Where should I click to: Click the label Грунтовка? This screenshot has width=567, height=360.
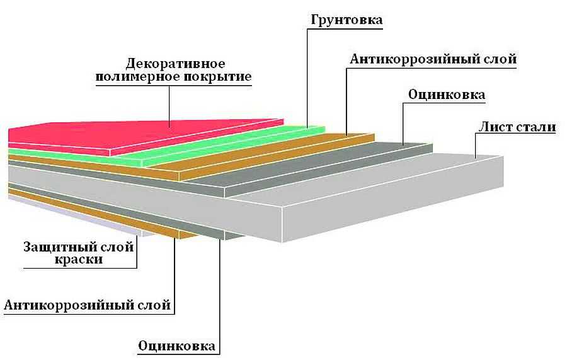[x=346, y=20]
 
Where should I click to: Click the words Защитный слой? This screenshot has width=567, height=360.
[x=79, y=247]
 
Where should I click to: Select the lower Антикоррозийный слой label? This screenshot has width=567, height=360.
[x=88, y=306]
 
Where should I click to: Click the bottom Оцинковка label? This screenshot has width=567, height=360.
[x=176, y=345]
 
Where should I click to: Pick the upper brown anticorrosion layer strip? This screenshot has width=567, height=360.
[x=252, y=158]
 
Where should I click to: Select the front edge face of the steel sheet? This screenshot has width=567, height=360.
[x=391, y=214]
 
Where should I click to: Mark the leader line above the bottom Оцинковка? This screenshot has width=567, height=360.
[x=220, y=290]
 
